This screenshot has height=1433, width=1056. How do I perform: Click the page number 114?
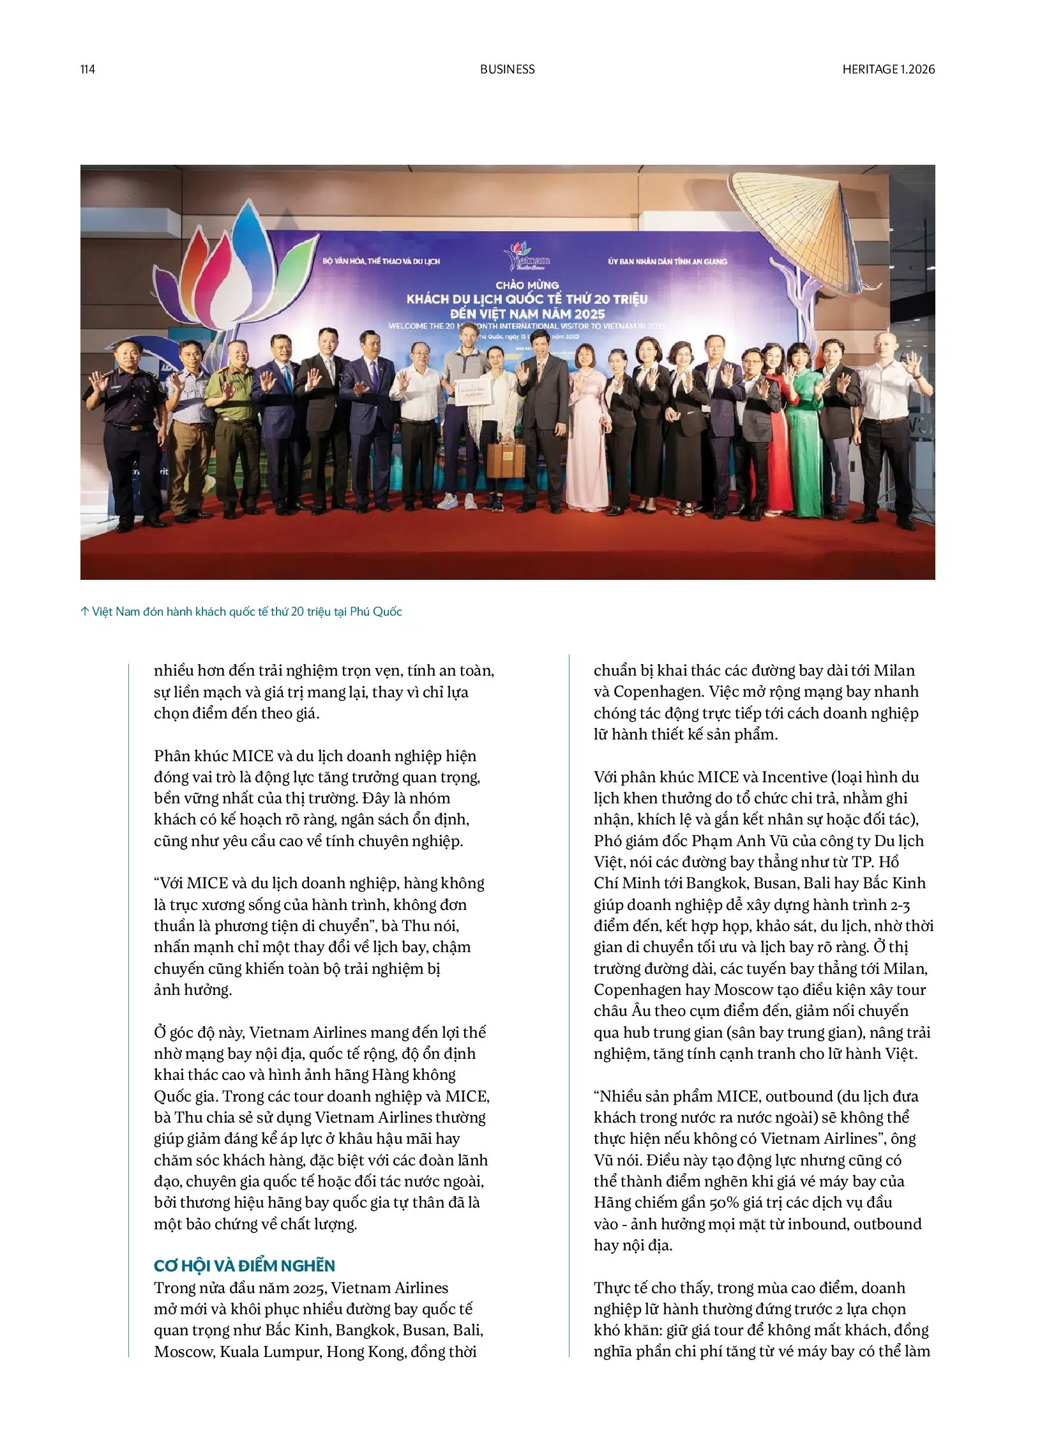click(x=87, y=70)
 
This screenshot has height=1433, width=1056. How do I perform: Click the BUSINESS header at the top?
click(x=507, y=70)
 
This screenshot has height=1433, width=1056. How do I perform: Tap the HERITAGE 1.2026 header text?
click(x=888, y=70)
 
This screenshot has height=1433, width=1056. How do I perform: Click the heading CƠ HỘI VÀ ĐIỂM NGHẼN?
click(x=244, y=1266)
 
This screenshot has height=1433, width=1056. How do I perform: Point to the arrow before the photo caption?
click(x=84, y=611)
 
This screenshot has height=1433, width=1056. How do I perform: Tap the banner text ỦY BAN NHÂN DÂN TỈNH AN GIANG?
click(x=667, y=262)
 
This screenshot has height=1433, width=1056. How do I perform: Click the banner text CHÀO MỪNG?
click(x=527, y=285)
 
